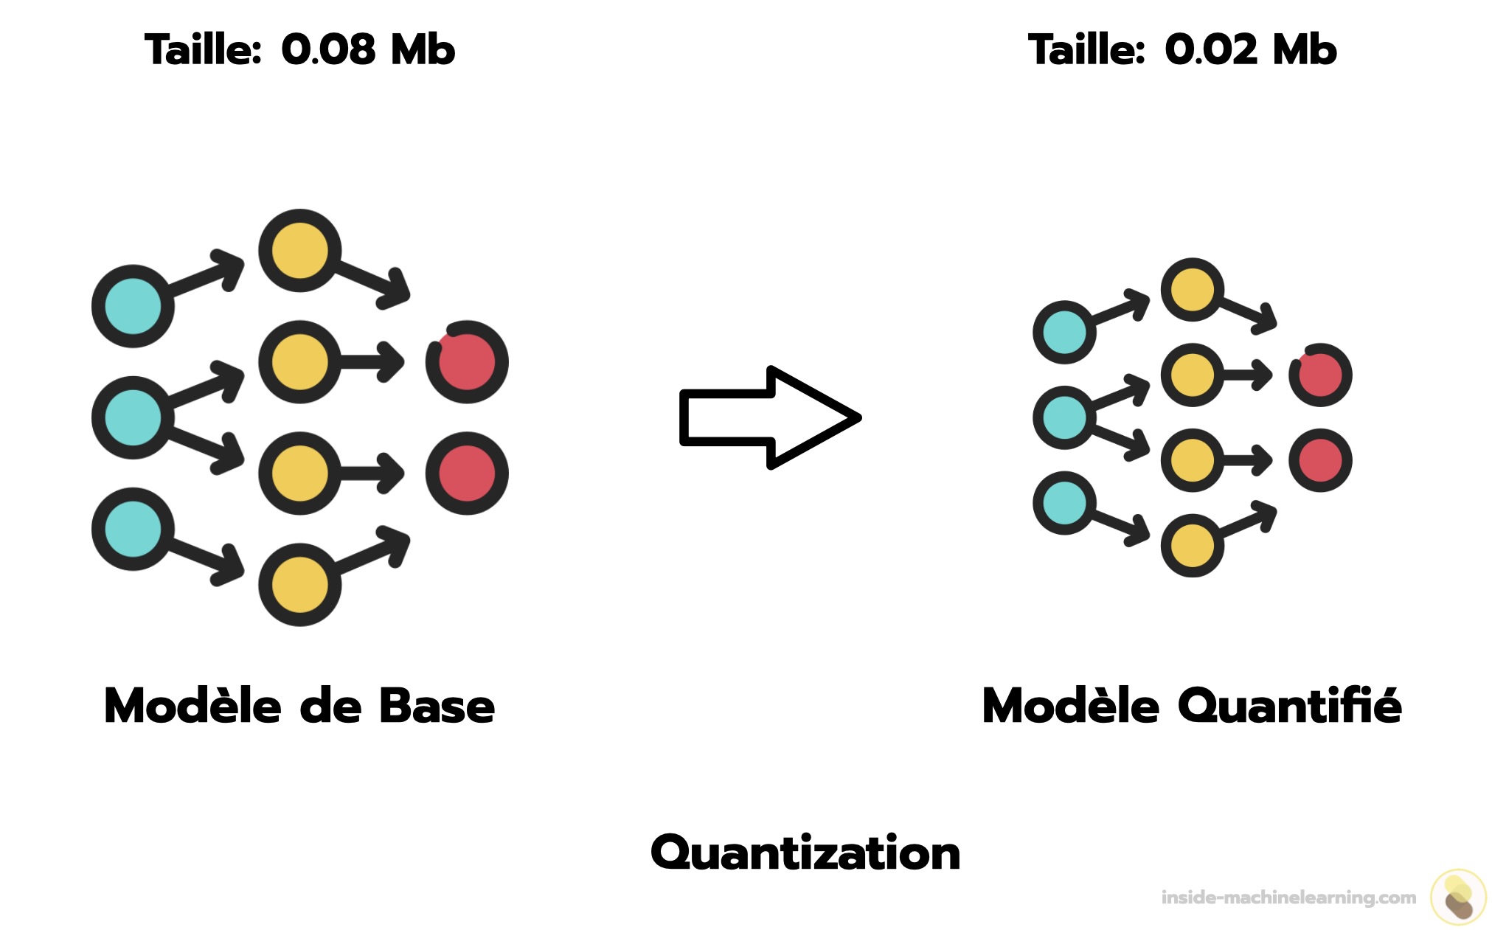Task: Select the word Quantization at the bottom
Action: [805, 853]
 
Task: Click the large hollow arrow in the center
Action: [769, 417]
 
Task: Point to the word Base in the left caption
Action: [437, 706]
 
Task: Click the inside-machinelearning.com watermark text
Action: [1288, 898]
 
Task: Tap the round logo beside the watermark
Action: [1458, 897]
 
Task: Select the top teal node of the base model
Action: [133, 306]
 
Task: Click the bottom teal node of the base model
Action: [133, 529]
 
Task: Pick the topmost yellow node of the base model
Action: [299, 251]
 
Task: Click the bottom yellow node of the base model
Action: [299, 585]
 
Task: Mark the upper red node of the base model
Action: [467, 362]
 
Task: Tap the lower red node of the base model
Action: [467, 473]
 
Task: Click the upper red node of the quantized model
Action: [1320, 375]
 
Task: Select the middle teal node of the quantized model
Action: [1064, 417]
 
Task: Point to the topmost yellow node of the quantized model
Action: [1193, 289]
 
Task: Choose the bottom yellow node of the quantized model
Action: [1193, 546]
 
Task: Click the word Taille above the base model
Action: [203, 50]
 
